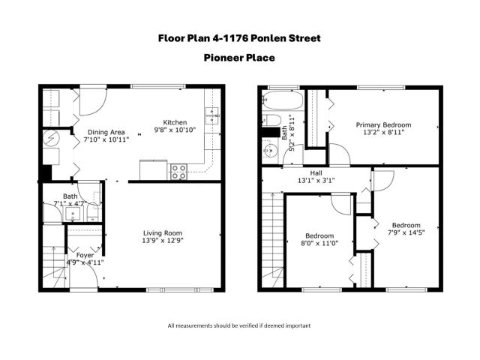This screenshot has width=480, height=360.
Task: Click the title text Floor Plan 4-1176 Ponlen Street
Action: (x=239, y=38)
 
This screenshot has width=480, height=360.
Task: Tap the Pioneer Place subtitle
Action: (x=239, y=58)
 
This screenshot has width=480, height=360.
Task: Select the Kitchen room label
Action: (x=175, y=122)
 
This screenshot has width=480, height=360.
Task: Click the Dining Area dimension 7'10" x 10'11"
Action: (x=106, y=139)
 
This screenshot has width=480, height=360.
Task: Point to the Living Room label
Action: (x=163, y=233)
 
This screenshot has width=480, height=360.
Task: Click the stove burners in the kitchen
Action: (x=178, y=172)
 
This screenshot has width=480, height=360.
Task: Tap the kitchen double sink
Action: (x=211, y=115)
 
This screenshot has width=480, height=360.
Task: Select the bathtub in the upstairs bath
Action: (x=283, y=100)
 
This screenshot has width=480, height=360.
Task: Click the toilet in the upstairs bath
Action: (x=271, y=120)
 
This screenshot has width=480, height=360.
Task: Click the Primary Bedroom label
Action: (x=383, y=125)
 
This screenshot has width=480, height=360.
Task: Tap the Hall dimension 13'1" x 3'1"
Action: (x=316, y=181)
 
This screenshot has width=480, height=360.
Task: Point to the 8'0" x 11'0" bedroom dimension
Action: (x=319, y=243)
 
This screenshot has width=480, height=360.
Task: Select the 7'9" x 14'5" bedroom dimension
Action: (x=406, y=232)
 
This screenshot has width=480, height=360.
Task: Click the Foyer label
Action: (x=85, y=255)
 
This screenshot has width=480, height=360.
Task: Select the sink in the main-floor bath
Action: (x=73, y=213)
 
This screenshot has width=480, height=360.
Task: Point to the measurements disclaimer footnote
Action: (x=239, y=325)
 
